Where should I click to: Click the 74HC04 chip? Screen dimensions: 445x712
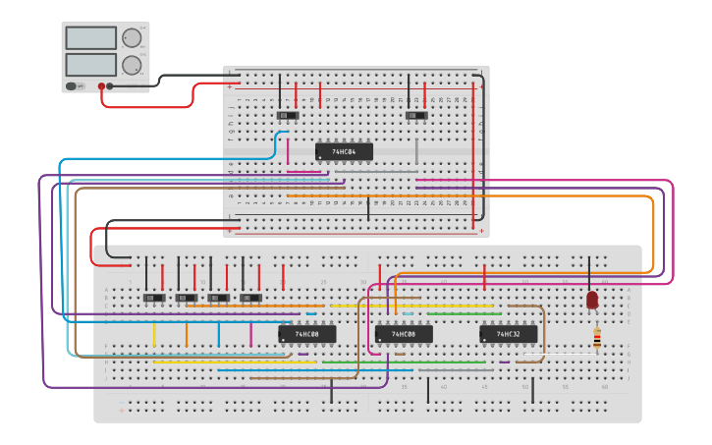pos(344,152)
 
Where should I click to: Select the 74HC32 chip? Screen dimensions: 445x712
pos(508,334)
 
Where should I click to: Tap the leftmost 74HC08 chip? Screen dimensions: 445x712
pos(306,334)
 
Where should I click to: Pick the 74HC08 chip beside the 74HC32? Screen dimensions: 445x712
pos(404,334)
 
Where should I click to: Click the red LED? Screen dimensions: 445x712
pos(592,300)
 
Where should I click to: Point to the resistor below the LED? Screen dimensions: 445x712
pos(596,338)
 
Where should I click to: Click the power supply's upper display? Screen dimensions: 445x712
pos(90,38)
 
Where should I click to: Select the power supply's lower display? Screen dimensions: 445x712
pos(90,65)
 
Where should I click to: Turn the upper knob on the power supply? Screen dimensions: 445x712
pos(132,38)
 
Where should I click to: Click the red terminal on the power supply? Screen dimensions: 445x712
pos(100,86)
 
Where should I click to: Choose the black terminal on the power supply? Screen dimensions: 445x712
pos(109,86)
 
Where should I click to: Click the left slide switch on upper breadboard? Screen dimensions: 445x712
pos(287,116)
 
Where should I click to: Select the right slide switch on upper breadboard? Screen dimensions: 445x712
pos(416,116)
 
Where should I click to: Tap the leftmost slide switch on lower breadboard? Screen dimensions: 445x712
pos(154,297)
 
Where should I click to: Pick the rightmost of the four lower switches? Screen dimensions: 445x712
pos(251,297)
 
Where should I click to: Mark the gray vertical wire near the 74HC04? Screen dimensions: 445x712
pos(416,150)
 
